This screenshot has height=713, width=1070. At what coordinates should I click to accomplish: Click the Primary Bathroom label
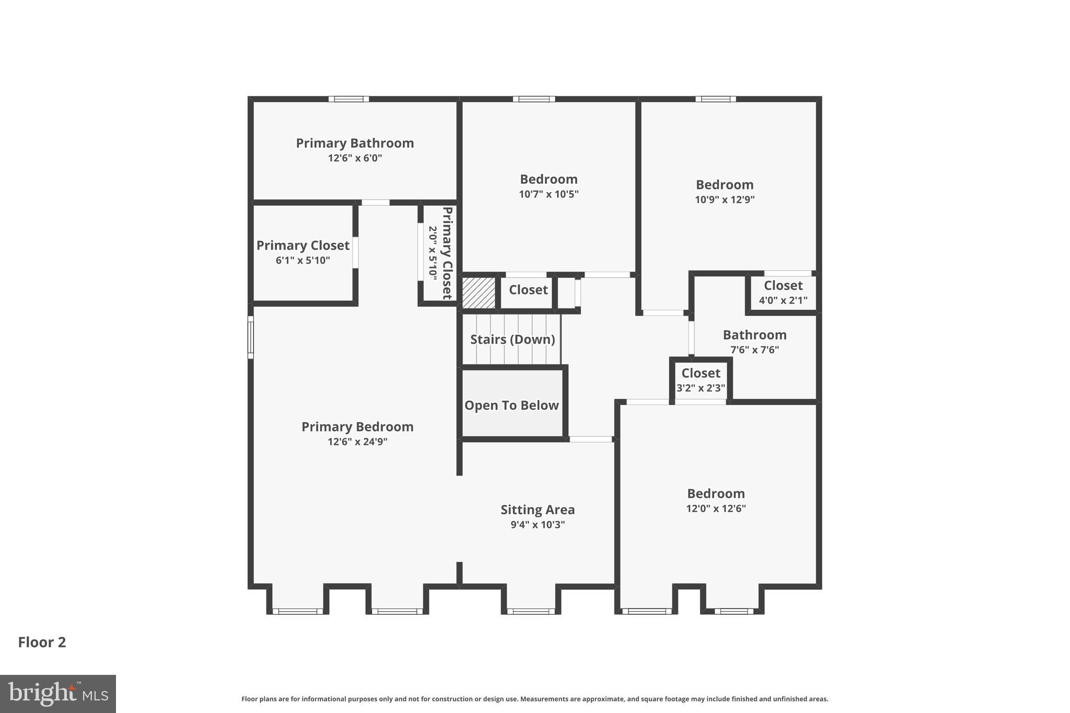[355, 143]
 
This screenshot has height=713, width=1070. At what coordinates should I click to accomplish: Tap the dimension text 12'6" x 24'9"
[357, 442]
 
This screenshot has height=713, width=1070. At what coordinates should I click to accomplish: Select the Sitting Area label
[538, 510]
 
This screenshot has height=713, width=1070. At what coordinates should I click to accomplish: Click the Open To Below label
[511, 405]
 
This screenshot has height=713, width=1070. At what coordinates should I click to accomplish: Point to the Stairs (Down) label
[512, 340]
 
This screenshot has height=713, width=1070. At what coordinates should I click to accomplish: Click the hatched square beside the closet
[479, 293]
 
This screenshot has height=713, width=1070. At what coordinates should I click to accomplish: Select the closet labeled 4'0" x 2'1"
[783, 293]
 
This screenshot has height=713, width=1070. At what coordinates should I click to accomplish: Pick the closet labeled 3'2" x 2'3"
[701, 380]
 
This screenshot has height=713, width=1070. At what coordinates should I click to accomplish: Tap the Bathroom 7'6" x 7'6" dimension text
[754, 350]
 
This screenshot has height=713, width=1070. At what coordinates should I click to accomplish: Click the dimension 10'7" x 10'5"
[549, 194]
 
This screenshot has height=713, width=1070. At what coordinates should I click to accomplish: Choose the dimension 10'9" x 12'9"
[725, 200]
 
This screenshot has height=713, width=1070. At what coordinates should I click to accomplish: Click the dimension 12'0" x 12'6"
[716, 508]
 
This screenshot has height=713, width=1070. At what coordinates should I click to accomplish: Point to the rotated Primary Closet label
[447, 253]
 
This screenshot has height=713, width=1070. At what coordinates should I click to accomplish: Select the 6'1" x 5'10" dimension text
[303, 260]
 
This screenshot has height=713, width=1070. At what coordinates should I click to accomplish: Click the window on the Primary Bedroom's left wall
[251, 337]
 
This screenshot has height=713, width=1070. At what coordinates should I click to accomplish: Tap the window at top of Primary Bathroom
[348, 99]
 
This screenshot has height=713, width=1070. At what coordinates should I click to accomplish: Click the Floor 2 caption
[42, 642]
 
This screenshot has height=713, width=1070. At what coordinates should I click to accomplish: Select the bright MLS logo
[58, 694]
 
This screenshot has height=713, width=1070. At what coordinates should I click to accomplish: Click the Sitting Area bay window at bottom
[530, 611]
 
